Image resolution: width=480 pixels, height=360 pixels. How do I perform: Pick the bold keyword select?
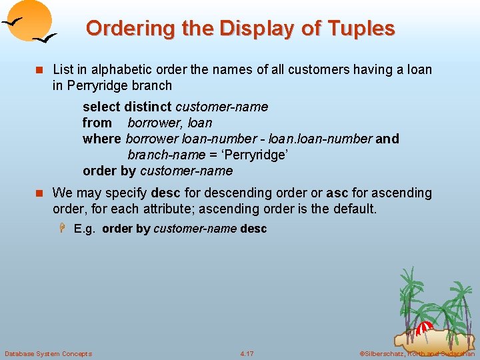101,107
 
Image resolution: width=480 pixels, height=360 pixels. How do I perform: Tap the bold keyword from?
97,123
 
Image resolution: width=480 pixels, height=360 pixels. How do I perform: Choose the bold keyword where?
102,139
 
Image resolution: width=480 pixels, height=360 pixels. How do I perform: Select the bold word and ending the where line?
387,139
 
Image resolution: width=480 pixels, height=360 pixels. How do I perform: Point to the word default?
354,209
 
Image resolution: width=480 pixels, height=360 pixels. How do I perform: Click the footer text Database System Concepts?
48,353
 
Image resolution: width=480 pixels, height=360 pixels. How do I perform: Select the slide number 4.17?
247,353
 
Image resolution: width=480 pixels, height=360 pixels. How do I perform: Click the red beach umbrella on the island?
425,328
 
